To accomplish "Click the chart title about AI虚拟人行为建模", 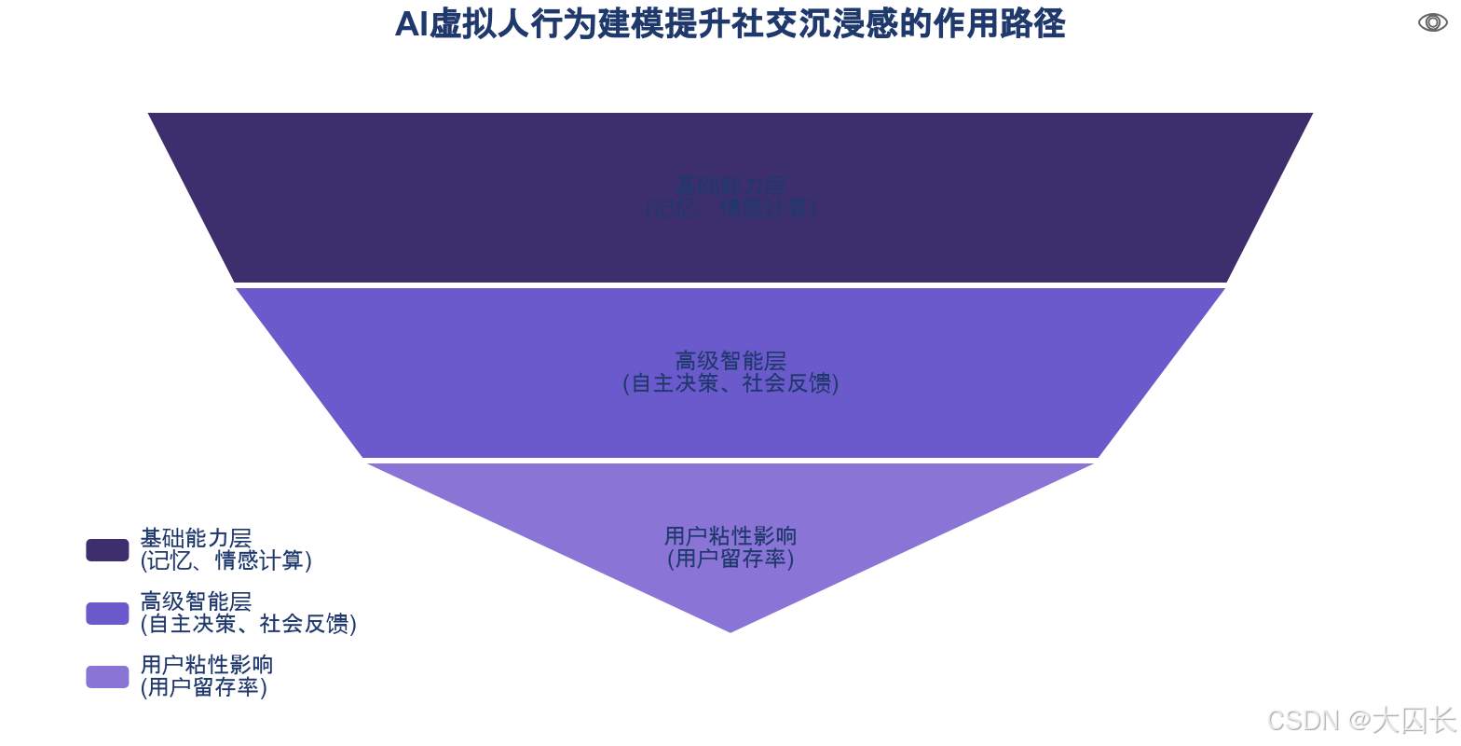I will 730,24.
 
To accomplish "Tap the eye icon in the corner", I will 1432,22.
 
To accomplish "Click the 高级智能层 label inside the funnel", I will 730,361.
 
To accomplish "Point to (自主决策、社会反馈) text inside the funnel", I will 730,383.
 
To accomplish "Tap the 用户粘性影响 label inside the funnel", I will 730,536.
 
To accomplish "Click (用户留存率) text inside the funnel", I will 730,559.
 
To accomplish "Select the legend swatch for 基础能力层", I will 107,550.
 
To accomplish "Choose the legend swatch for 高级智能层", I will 107,613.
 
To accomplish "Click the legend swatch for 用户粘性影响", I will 107,676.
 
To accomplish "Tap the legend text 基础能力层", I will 196,539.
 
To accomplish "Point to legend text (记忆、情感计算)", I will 225,561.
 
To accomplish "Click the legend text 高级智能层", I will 196,601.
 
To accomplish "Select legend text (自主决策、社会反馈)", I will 248,624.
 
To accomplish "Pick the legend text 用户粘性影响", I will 207,665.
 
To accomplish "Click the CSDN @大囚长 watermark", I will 1359,719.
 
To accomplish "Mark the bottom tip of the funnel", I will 730,632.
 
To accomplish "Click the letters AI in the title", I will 411,25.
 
